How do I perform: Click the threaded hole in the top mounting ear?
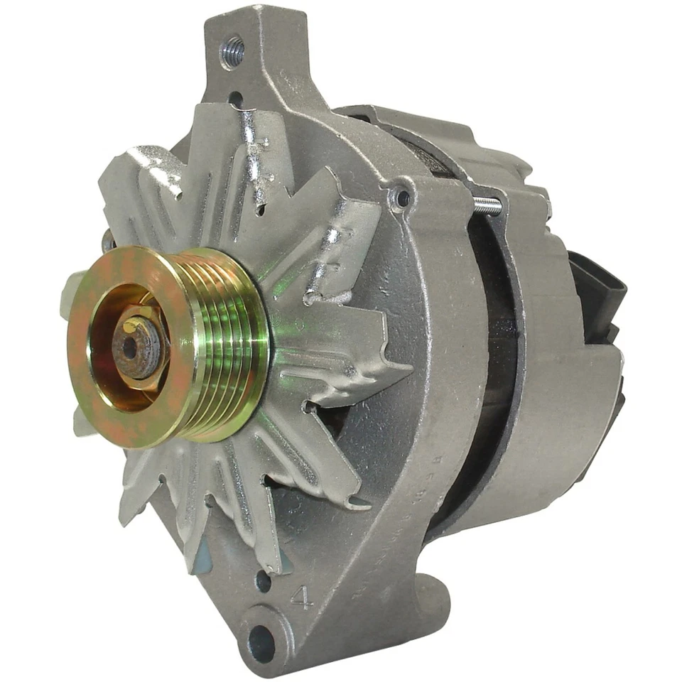[x=232, y=52]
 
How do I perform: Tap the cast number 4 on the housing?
[x=302, y=598]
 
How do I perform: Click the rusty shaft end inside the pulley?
[x=131, y=347]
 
